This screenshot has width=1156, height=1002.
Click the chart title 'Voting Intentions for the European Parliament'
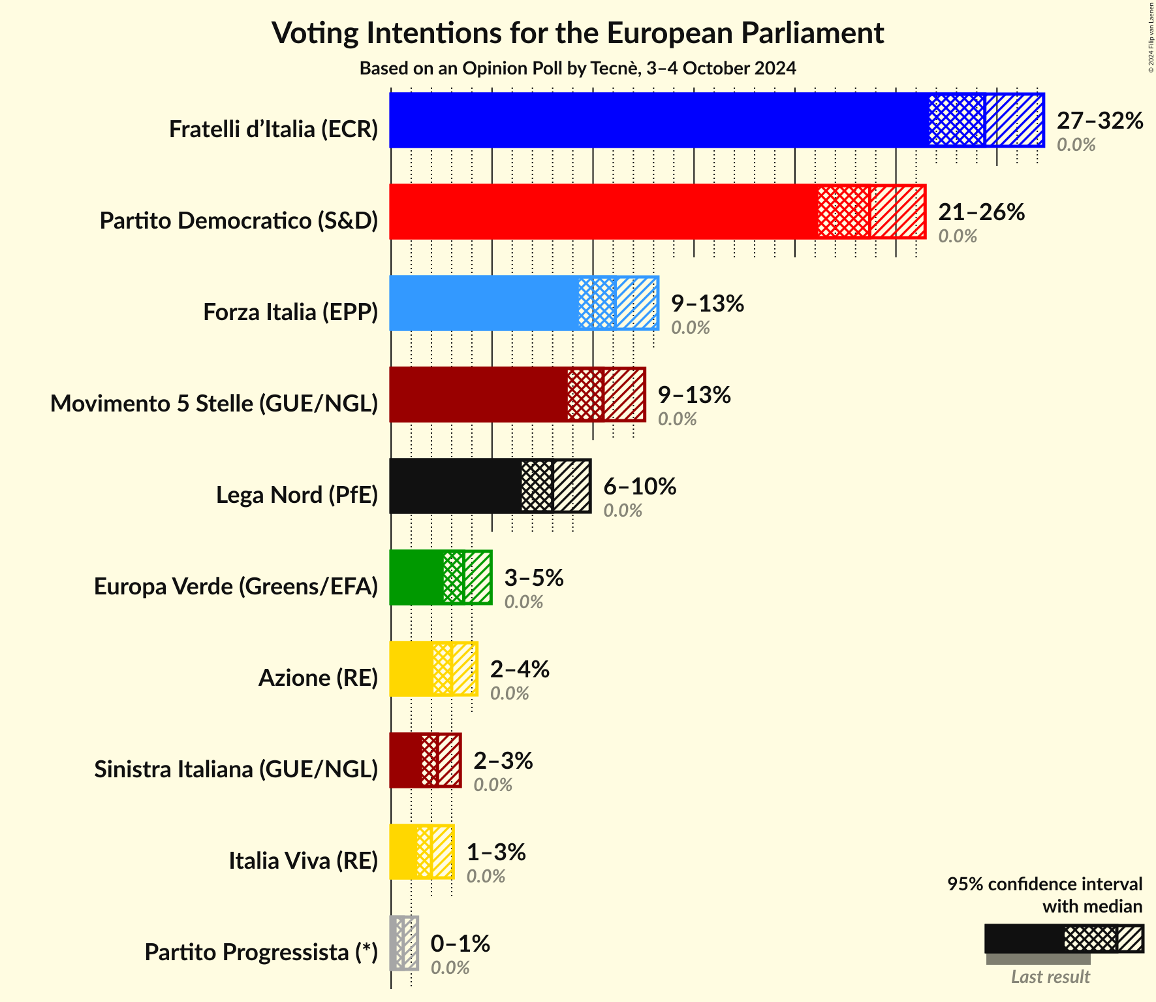click(578, 33)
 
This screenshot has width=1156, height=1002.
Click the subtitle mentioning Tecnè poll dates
click(578, 69)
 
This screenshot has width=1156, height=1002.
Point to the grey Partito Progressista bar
click(403, 943)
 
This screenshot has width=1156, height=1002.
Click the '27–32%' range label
click(1100, 120)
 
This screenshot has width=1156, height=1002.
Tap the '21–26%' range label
click(981, 212)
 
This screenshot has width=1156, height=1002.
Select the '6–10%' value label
click(640, 486)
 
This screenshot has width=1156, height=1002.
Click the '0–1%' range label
click(460, 943)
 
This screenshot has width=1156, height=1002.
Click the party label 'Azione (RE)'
click(318, 678)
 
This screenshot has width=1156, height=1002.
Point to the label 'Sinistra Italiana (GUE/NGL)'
click(236, 769)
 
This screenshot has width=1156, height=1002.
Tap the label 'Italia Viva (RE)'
click(303, 861)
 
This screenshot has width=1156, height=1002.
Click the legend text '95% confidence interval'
click(1044, 884)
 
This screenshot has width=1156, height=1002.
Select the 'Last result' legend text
click(1050, 977)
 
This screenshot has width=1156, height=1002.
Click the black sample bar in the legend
click(1023, 939)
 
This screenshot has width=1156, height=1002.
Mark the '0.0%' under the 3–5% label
click(523, 602)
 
